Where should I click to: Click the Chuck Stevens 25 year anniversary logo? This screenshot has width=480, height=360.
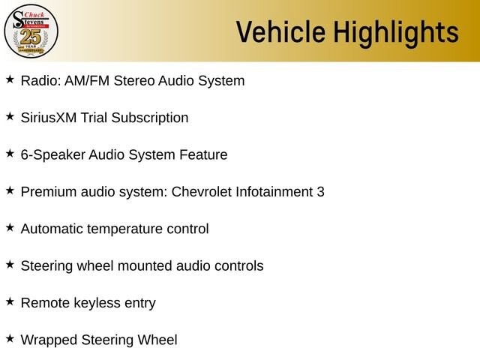coord(31,31)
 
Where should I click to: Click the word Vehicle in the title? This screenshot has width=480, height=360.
coord(280,31)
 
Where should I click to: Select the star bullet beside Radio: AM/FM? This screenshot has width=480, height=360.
coord(10,79)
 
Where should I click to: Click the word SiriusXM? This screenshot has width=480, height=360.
coord(49,118)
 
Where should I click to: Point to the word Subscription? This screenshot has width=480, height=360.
coord(150,118)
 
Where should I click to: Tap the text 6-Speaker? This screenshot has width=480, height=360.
coord(53,155)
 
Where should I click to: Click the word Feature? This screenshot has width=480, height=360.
coord(203,154)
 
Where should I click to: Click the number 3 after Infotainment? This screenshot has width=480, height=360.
coord(320,192)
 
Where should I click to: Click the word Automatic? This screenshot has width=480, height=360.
coord(52,229)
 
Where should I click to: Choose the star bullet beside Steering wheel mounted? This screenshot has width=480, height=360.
coord(10,265)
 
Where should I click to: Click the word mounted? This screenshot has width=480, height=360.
coord(145,266)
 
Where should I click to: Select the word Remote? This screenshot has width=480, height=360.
coord(45,303)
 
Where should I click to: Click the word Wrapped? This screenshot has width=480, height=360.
coord(49,340)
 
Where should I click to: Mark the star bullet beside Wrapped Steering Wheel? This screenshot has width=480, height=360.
coord(10,338)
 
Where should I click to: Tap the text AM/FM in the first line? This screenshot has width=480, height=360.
coord(87,81)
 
